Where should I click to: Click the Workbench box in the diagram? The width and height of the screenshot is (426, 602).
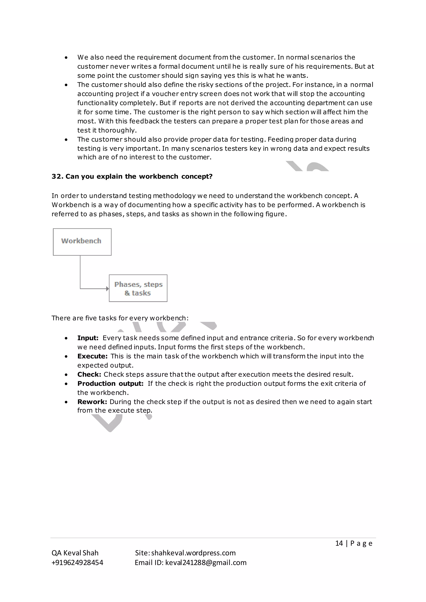coord(82,242)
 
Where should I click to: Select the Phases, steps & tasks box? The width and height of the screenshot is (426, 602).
coord(138,288)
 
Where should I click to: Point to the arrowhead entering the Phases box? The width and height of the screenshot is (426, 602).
coord(107,289)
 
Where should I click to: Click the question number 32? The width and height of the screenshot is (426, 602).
coord(56,176)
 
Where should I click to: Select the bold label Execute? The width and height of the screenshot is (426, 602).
coord(92,356)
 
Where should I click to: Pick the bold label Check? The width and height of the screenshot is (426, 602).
coord(89,374)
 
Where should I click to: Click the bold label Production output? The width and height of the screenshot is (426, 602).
coord(110,384)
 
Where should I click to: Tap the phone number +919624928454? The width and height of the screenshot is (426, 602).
coord(77,563)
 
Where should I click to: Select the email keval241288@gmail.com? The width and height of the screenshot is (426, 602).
coord(206,563)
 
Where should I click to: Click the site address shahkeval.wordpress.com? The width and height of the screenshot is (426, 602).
coord(193,553)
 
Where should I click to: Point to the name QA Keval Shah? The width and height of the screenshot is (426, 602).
coord(75,553)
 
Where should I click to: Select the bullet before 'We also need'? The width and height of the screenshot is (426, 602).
coord(66,58)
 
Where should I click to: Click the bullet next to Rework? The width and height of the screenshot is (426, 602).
coord(66,402)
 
